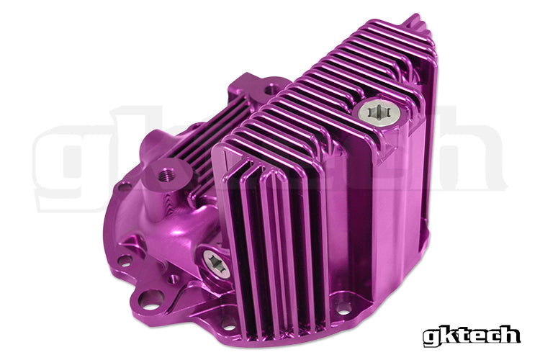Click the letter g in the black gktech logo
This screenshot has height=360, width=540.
point(431,336)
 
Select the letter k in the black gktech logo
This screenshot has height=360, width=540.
point(447,334)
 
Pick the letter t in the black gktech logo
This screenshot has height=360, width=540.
point(462,334)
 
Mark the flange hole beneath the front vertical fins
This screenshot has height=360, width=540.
point(229,323)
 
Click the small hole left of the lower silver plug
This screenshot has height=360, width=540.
point(173,278)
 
